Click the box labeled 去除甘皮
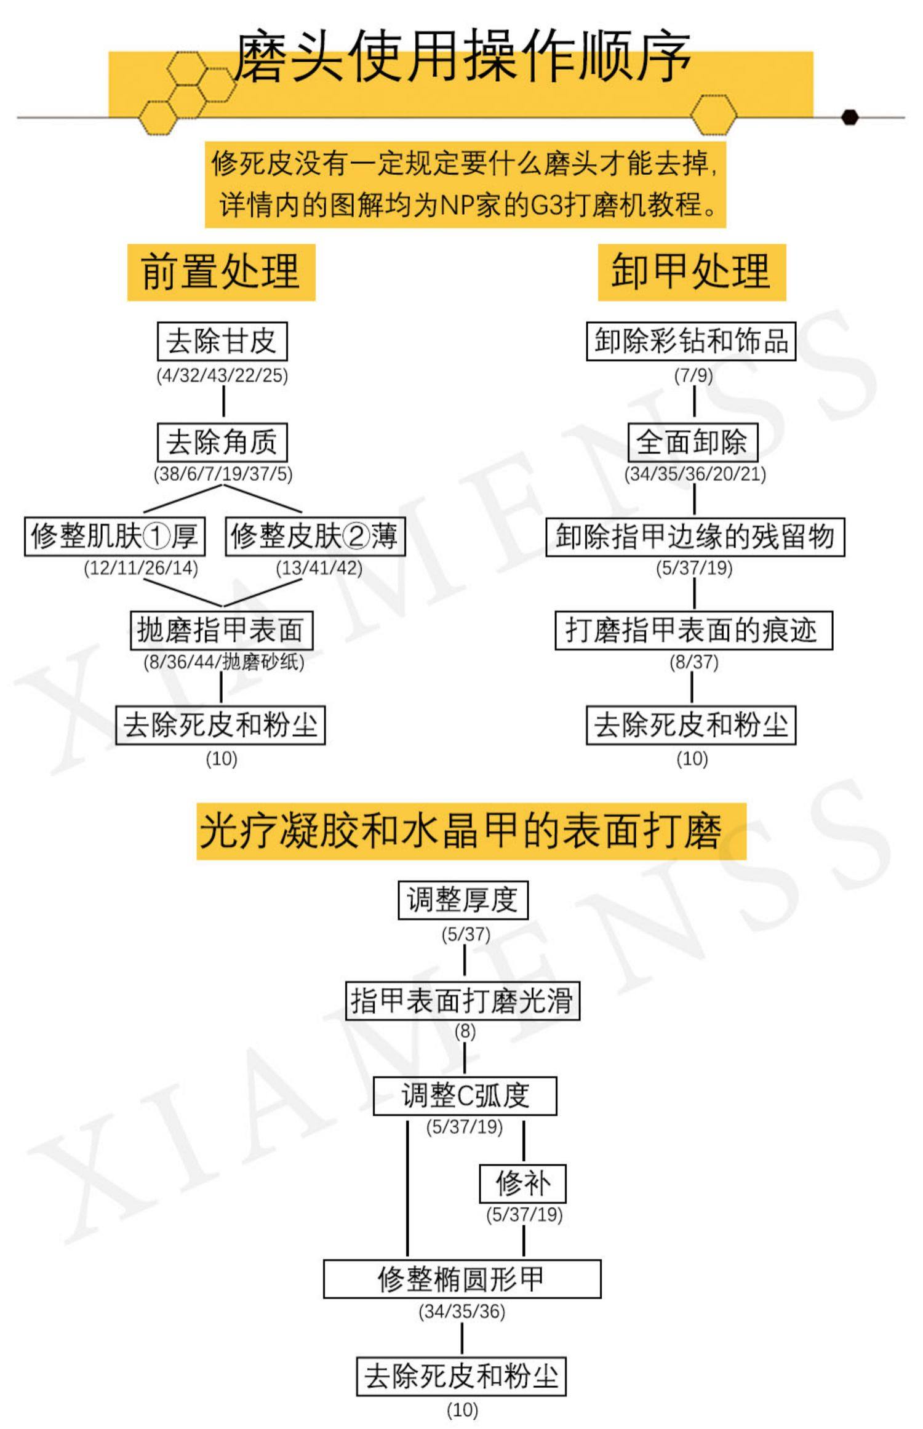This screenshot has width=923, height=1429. point(222,342)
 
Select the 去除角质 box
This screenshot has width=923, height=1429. point(222,442)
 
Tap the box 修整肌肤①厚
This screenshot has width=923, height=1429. point(114,537)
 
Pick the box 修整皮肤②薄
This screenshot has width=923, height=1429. point(314,537)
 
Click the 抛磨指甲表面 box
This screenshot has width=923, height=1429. point(221,630)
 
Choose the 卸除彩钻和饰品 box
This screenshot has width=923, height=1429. point(690,341)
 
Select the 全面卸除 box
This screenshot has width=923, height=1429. point(692,442)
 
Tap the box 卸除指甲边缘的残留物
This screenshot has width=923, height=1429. point(695,537)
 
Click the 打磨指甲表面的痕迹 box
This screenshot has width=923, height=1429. point(693,630)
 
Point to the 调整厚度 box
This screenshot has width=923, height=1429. point(463,901)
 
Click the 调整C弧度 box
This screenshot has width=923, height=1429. point(465,1096)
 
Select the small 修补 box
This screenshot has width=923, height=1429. point(522,1183)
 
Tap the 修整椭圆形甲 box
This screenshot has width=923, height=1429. point(461,1279)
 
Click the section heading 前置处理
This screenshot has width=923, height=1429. point(221,272)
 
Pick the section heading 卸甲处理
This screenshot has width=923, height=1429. point(692,272)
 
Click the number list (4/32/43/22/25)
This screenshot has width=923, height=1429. point(222,375)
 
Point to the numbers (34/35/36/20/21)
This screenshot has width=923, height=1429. point(695,474)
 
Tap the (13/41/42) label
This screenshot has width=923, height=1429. point(319,568)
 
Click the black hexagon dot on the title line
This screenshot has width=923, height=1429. point(850,117)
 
